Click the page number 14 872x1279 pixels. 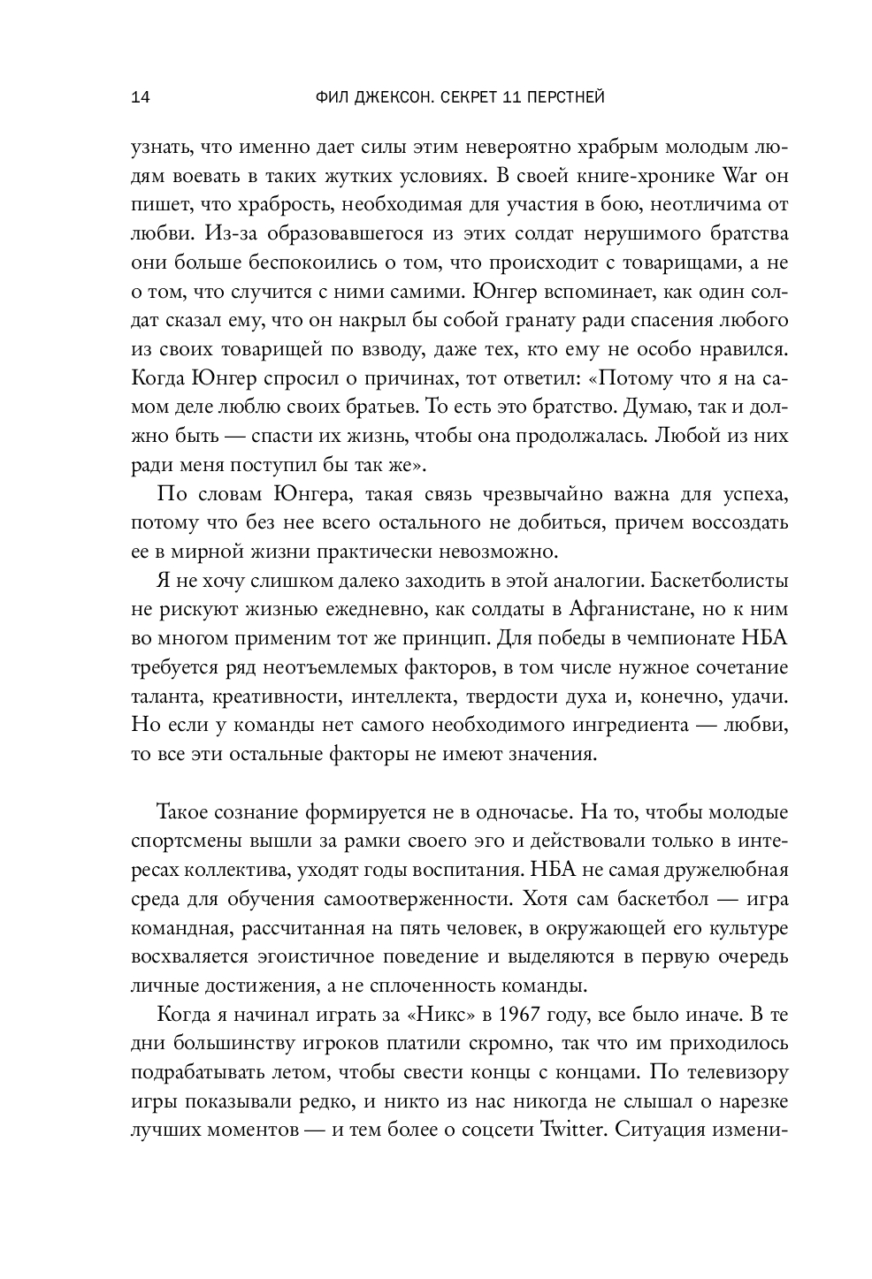[140, 97]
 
